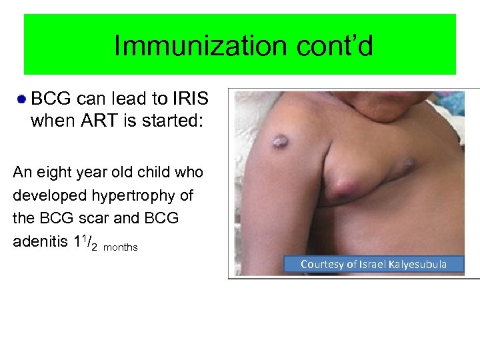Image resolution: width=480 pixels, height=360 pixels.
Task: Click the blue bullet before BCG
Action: coord(22,99)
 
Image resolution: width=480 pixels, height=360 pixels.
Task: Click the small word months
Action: coord(121,247)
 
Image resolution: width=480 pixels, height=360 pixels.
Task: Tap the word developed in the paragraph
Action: coord(43,195)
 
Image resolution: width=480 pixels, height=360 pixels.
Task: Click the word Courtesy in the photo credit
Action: coord(322,265)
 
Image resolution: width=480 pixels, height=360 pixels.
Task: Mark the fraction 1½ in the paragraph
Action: coord(87,242)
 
